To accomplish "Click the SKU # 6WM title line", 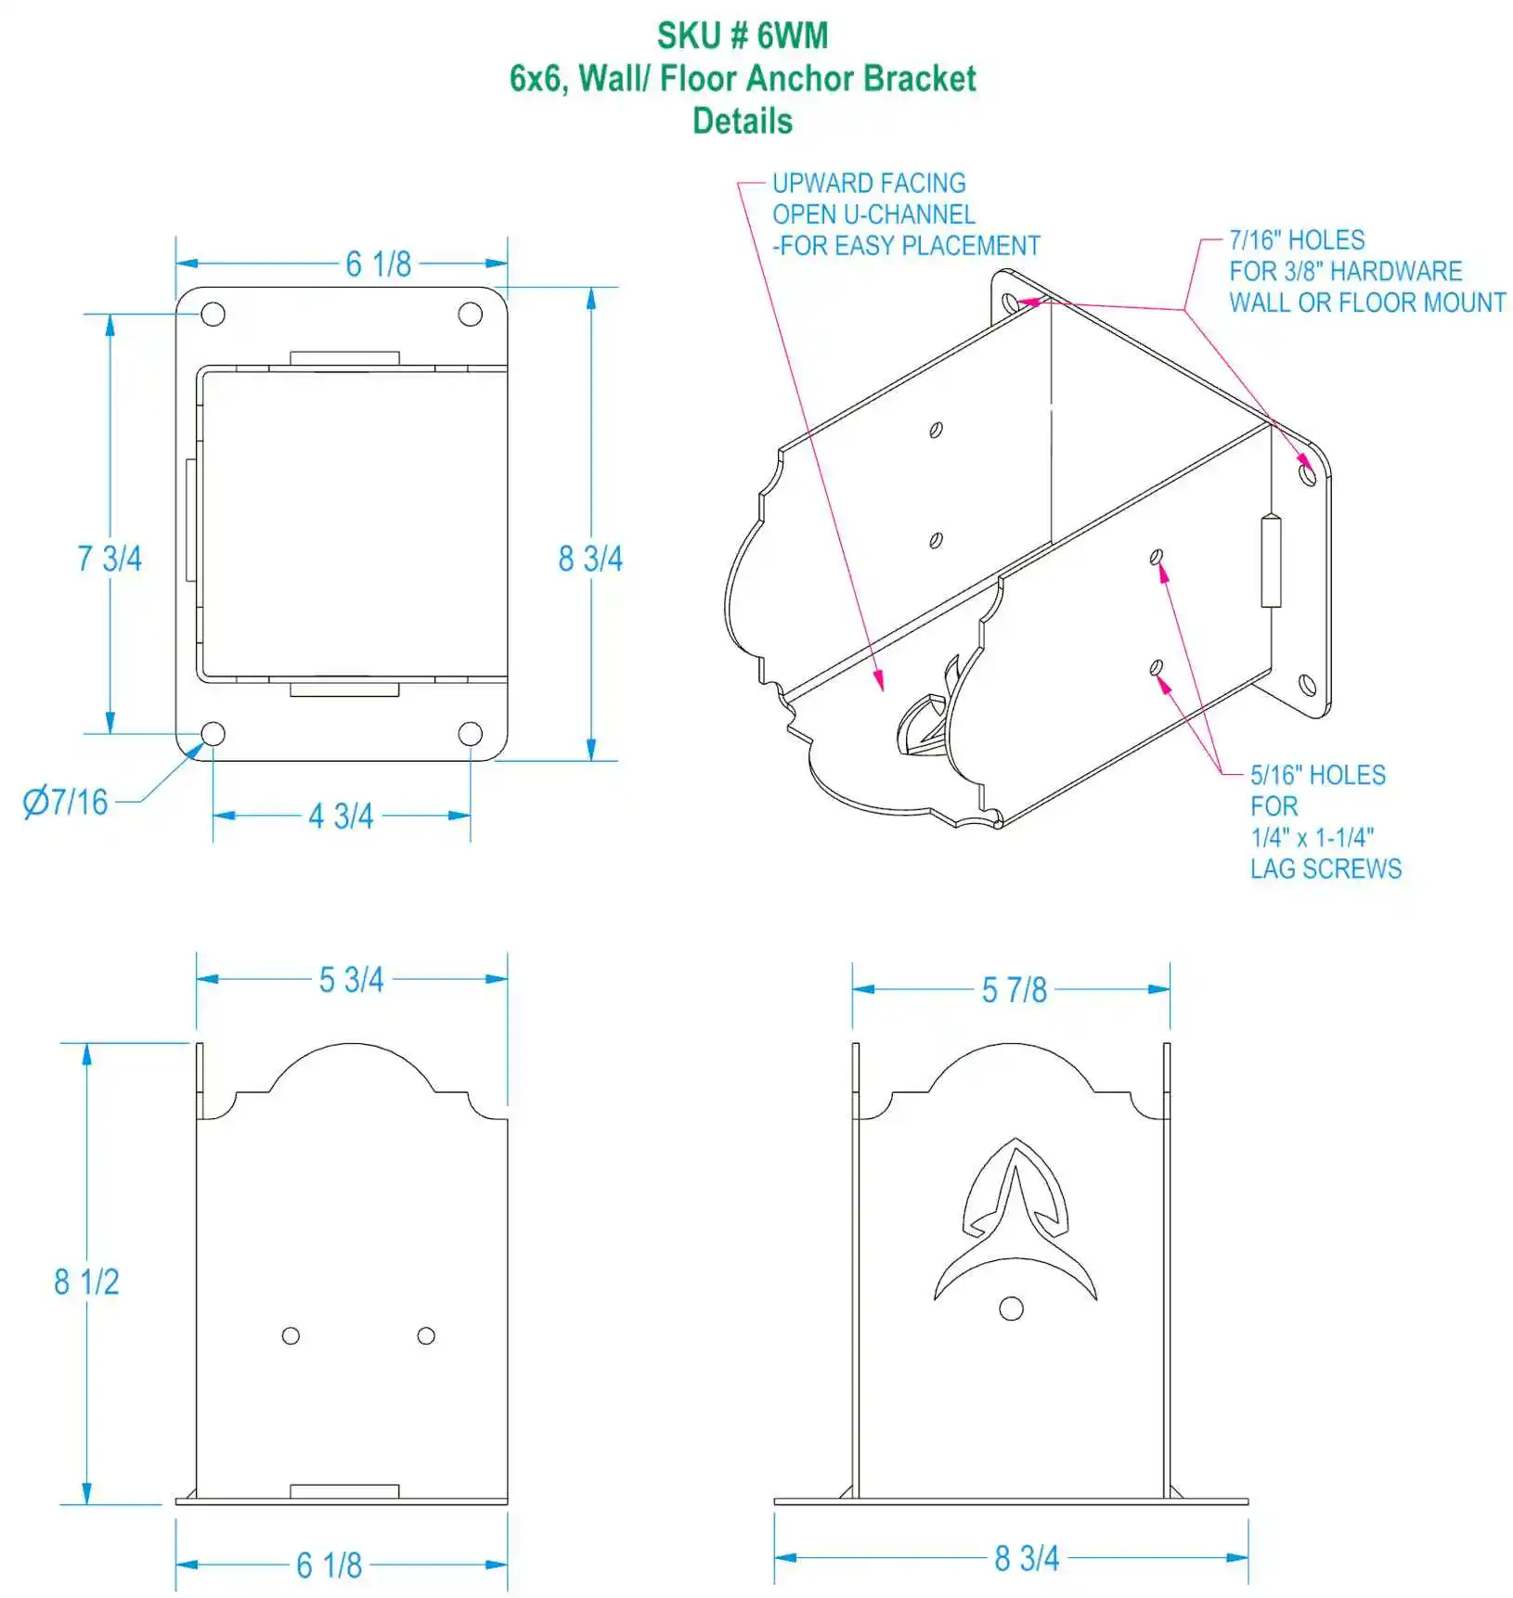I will pyautogui.click(x=743, y=36).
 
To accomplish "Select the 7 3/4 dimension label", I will pyautogui.click(x=110, y=559).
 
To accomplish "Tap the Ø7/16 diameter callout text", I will pyautogui.click(x=66, y=802).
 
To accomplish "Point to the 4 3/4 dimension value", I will pyautogui.click(x=341, y=817).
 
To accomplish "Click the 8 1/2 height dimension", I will pyautogui.click(x=86, y=1282).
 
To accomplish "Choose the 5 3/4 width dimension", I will pyautogui.click(x=351, y=980).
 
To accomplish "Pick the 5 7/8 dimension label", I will pyautogui.click(x=1014, y=990).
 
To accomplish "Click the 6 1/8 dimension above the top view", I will pyautogui.click(x=378, y=264).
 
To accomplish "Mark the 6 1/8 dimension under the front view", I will pyautogui.click(x=329, y=1566).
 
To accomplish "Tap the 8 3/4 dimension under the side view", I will pyautogui.click(x=1027, y=1558).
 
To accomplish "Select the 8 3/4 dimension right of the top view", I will pyautogui.click(x=590, y=559).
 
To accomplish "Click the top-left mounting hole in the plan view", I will pyautogui.click(x=213, y=315).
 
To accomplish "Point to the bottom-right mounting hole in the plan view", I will pyautogui.click(x=471, y=734).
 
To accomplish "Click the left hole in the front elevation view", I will pyautogui.click(x=291, y=1335).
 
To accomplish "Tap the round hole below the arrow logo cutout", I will pyautogui.click(x=1011, y=1308).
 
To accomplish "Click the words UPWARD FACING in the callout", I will pyautogui.click(x=869, y=184).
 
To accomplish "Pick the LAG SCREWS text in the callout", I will pyautogui.click(x=1325, y=870).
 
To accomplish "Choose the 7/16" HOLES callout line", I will pyautogui.click(x=1297, y=240).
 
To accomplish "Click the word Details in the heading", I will pyautogui.click(x=743, y=122).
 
